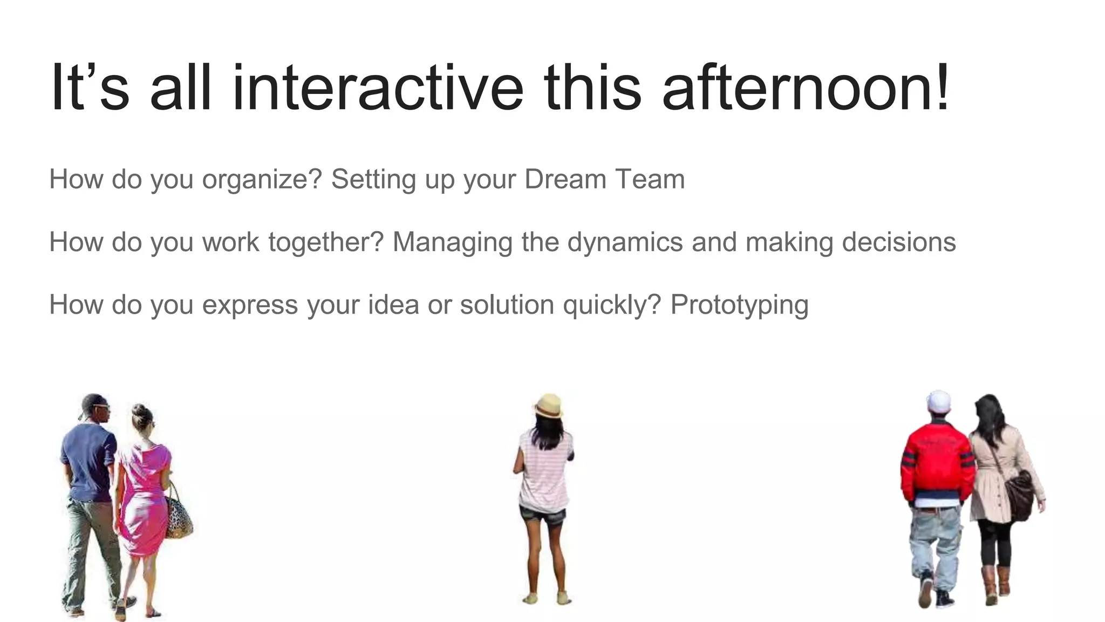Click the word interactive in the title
pos(377,87)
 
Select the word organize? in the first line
pos(262,180)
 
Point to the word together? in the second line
pos(325,242)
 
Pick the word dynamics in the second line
pos(625,242)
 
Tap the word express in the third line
pos(250,305)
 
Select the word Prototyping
pos(739,305)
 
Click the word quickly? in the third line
pos(611,305)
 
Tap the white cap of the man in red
pos(939,401)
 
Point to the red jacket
pos(937,462)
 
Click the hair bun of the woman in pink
pos(139,409)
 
